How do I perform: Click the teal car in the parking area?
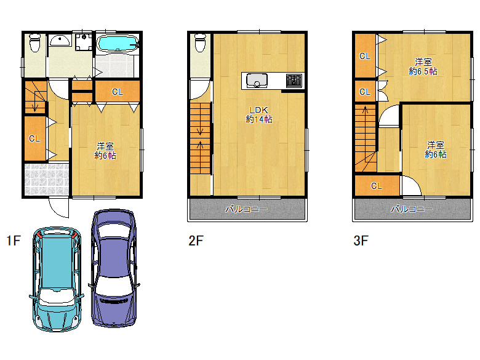click(57, 279)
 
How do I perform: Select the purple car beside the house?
click(114, 268)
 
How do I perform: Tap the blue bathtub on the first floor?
click(118, 44)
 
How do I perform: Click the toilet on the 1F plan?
click(35, 43)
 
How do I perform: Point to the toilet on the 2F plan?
click(201, 43)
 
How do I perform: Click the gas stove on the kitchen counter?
click(294, 81)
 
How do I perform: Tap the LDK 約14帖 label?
click(259, 114)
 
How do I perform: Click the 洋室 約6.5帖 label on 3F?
click(423, 66)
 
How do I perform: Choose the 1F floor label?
click(14, 241)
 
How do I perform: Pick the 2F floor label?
click(196, 241)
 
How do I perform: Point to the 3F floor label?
click(361, 241)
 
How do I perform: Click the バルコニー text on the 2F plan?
click(246, 209)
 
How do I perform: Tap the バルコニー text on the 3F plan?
click(412, 209)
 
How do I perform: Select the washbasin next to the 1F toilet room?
click(60, 41)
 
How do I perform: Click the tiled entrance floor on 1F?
click(47, 179)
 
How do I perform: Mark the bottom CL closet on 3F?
click(377, 186)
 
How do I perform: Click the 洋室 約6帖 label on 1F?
click(105, 151)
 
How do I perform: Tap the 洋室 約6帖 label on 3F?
click(435, 150)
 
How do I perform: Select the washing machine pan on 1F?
click(84, 42)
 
